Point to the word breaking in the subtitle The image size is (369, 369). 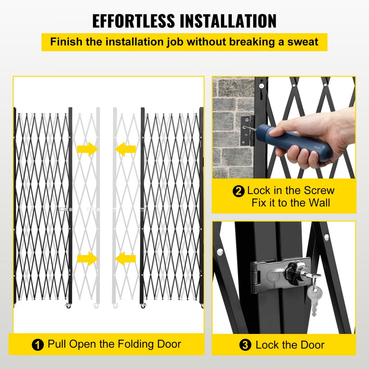(252, 41)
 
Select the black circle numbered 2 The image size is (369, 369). (239, 191)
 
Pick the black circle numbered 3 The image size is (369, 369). (245, 345)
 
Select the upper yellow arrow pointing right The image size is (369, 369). (87, 149)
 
